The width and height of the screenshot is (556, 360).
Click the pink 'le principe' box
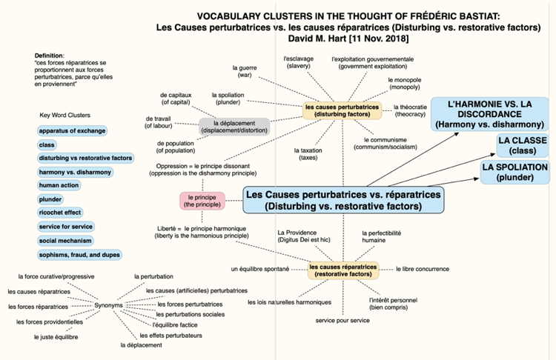pyautogui.click(x=202, y=201)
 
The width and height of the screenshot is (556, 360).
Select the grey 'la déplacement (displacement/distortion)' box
pyautogui.click(x=234, y=127)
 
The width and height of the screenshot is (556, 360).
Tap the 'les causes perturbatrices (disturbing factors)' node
pyautogui.click(x=342, y=110)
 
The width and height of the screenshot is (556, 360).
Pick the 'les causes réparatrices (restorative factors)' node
pyautogui.click(x=343, y=270)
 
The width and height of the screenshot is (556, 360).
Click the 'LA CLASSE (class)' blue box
pyautogui.click(x=523, y=145)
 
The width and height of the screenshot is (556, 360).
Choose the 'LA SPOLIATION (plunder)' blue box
pyautogui.click(x=515, y=172)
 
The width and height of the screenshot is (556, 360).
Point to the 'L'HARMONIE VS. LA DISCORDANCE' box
pyautogui.click(x=490, y=114)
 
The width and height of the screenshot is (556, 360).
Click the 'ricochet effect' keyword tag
pyautogui.click(x=60, y=213)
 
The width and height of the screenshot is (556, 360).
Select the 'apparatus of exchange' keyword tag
pyautogui.click(x=72, y=131)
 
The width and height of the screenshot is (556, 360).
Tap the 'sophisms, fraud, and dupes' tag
pyautogui.click(x=79, y=255)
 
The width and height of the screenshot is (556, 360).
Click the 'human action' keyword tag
pyautogui.click(x=59, y=185)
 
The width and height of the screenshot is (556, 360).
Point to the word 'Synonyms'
pyautogui.click(x=108, y=305)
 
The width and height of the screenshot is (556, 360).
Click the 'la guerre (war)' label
pyautogui.click(x=245, y=71)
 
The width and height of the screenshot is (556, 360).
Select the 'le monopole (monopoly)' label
pyautogui.click(x=405, y=84)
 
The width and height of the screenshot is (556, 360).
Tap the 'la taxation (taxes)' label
pyautogui.click(x=308, y=154)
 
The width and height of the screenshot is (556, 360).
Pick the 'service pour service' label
pyautogui.click(x=342, y=320)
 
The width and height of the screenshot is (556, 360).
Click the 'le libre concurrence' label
pyautogui.click(x=423, y=269)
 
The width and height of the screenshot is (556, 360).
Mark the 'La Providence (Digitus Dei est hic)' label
pyautogui.click(x=304, y=236)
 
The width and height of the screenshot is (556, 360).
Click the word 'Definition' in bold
pyautogui.click(x=49, y=56)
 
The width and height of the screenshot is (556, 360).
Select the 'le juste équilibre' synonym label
pyautogui.click(x=56, y=337)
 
